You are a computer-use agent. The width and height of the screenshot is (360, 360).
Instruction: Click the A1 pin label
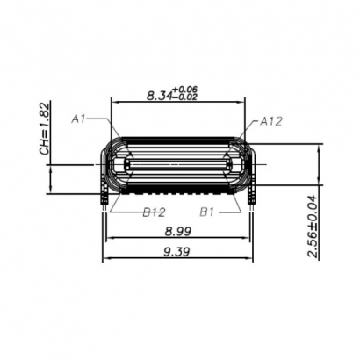tap(79, 117)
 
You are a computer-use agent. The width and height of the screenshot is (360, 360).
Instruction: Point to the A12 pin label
tap(270, 122)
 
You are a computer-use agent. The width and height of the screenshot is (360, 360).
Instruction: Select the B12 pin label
tap(154, 212)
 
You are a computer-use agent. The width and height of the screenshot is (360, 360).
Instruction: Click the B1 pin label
tap(207, 212)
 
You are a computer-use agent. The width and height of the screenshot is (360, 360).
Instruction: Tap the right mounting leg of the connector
tap(252, 200)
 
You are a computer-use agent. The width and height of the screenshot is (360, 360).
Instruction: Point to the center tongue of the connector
tap(178, 164)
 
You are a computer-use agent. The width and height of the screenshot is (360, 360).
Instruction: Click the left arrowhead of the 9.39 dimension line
tap(106, 258)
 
